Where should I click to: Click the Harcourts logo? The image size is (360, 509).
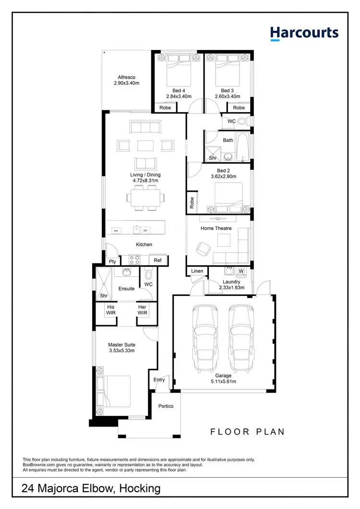tap(304, 33)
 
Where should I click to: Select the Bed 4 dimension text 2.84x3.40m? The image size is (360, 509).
tap(179, 96)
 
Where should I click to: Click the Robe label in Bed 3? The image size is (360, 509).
tap(239, 108)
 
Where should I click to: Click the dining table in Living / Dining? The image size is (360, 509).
tap(145, 197)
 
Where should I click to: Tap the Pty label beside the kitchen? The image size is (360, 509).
tap(112, 261)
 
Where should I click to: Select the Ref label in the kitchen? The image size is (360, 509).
tap(157, 260)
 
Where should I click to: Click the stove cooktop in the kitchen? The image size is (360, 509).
tap(134, 260)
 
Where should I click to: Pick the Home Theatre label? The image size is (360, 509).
tap(216, 228)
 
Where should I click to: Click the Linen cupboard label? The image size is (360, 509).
tap(197, 272)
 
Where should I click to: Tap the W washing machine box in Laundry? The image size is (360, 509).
tap(241, 272)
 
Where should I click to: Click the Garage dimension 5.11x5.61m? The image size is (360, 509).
tap(223, 382)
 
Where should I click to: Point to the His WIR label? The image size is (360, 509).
tap(111, 310)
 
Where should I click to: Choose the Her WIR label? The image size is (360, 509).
tap(142, 310)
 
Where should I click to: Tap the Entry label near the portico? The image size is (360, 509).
tap(159, 379)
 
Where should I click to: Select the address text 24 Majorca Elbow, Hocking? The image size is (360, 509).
tap(91, 489)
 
